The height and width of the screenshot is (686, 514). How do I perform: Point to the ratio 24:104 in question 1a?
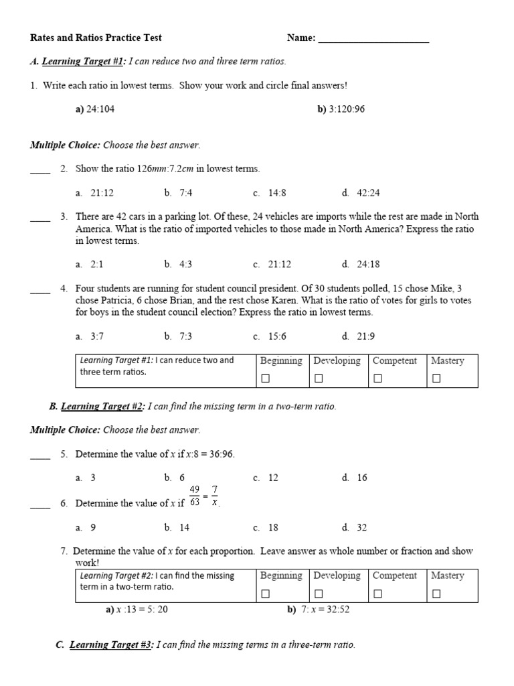(x=100, y=109)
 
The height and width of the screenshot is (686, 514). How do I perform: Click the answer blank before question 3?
(x=40, y=217)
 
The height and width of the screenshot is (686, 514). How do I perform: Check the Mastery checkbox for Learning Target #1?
(x=436, y=379)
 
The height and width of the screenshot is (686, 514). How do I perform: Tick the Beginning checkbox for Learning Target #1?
(x=265, y=379)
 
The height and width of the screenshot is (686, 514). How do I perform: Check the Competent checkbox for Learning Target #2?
(x=377, y=594)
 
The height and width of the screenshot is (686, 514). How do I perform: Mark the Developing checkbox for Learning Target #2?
(x=319, y=594)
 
